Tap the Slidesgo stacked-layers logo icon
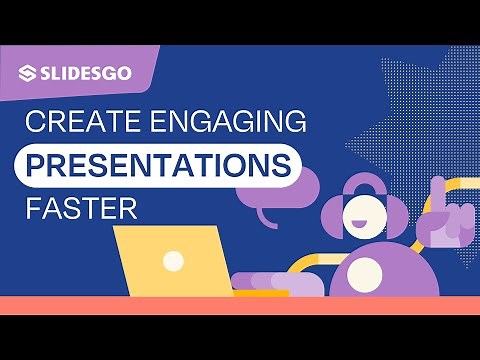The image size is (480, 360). [x=29, y=73]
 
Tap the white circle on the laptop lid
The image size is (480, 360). [x=174, y=262]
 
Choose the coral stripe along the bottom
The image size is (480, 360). [x=240, y=306]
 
